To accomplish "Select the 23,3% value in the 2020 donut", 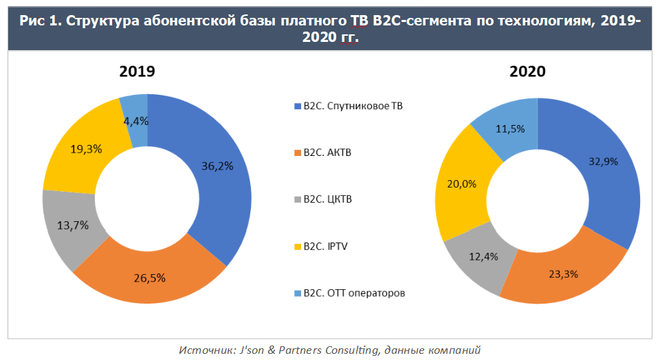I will point(562,273).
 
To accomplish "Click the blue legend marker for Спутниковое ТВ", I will point(297,106).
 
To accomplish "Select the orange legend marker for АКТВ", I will point(297,153).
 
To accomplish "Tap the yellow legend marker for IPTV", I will point(297,247).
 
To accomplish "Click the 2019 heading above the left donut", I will point(137,71).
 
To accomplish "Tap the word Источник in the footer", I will point(202,350).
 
